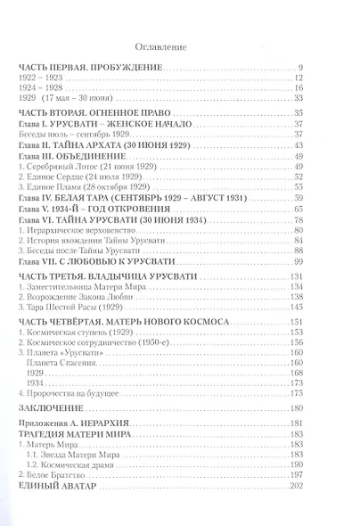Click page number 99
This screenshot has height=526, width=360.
pyautogui.click(x=300, y=253)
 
